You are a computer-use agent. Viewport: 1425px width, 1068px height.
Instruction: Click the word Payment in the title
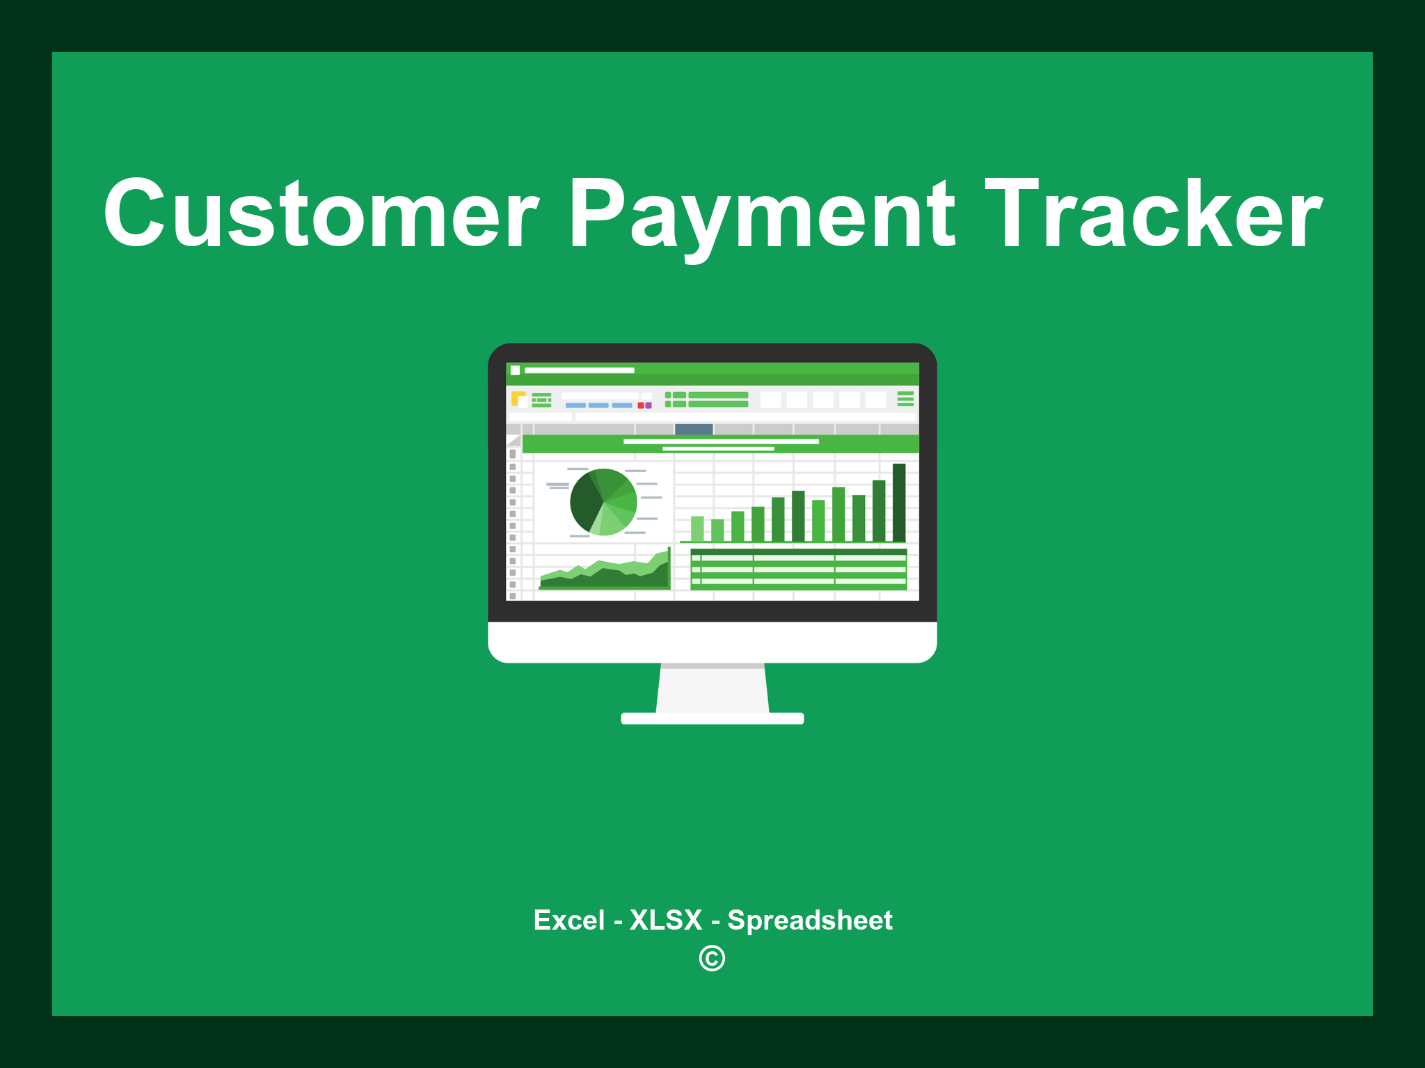762,214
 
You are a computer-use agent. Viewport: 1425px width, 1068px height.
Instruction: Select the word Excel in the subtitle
568,921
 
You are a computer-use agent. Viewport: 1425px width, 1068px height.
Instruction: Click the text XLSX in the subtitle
666,921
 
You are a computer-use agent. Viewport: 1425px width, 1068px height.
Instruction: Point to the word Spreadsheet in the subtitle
809,921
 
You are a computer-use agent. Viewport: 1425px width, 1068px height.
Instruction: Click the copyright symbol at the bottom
712,959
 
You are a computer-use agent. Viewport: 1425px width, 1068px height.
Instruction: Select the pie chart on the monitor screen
603,502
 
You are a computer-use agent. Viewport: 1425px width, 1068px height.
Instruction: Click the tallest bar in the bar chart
899,502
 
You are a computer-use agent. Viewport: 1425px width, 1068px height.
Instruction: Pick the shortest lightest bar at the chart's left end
697,528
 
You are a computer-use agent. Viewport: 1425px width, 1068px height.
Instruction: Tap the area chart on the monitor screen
605,576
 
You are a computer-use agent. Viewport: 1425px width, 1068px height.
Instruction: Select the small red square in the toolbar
641,405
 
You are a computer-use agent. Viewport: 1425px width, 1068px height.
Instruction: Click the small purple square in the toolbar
648,405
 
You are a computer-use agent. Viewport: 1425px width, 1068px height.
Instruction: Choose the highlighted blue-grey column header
694,429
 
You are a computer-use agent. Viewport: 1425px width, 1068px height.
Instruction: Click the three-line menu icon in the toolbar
905,398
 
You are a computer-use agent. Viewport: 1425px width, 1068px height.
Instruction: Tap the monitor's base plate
712,718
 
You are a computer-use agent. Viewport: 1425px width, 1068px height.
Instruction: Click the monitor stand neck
712,688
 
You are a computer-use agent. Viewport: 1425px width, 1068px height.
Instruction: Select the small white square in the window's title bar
516,370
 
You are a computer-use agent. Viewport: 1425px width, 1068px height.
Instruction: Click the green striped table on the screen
798,569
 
